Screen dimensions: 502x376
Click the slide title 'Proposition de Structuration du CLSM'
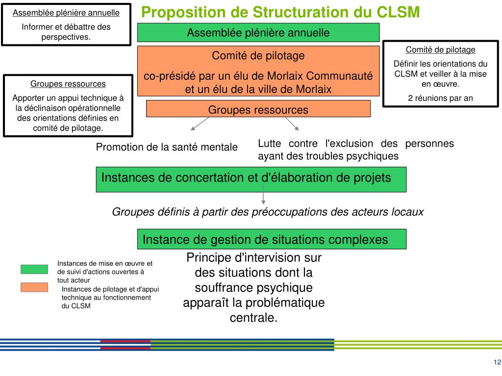[x=280, y=12]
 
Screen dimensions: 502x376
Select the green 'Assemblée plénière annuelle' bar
[x=258, y=33]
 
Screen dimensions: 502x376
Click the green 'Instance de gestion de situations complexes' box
[x=272, y=239]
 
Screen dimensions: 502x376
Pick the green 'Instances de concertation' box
[x=251, y=179]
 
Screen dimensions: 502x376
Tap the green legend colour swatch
[x=34, y=269]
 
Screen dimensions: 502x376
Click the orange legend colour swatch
[x=34, y=287]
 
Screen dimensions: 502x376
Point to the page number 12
[x=497, y=362]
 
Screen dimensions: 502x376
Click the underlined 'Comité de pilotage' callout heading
[x=440, y=49]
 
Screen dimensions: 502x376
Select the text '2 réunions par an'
[x=440, y=98]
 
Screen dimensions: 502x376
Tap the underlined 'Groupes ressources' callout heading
[x=68, y=84]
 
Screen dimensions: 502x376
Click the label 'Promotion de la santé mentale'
[x=167, y=147]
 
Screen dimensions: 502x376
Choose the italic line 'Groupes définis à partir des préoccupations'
[x=268, y=212]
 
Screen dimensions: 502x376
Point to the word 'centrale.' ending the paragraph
[x=253, y=318]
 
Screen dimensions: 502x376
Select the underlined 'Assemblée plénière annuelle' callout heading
[x=66, y=13]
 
